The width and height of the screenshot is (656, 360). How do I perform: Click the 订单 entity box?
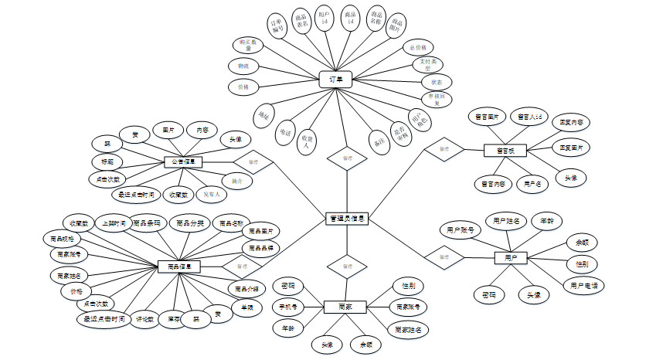click(335, 79)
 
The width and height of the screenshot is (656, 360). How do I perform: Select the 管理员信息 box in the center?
click(346, 219)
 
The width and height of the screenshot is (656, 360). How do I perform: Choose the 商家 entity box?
click(345, 307)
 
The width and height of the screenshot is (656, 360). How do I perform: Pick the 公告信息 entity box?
click(184, 162)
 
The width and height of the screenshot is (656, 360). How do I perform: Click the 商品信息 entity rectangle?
click(179, 266)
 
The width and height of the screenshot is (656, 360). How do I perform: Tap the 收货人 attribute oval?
click(307, 138)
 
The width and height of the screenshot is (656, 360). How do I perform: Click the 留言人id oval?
click(532, 117)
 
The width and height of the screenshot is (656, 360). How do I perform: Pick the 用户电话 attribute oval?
click(583, 285)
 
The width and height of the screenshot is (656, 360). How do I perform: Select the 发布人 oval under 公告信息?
click(212, 195)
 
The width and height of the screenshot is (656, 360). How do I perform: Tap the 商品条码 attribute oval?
click(147, 223)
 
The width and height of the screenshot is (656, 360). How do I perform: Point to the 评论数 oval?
click(144, 318)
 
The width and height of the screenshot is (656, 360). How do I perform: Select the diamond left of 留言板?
click(444, 149)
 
